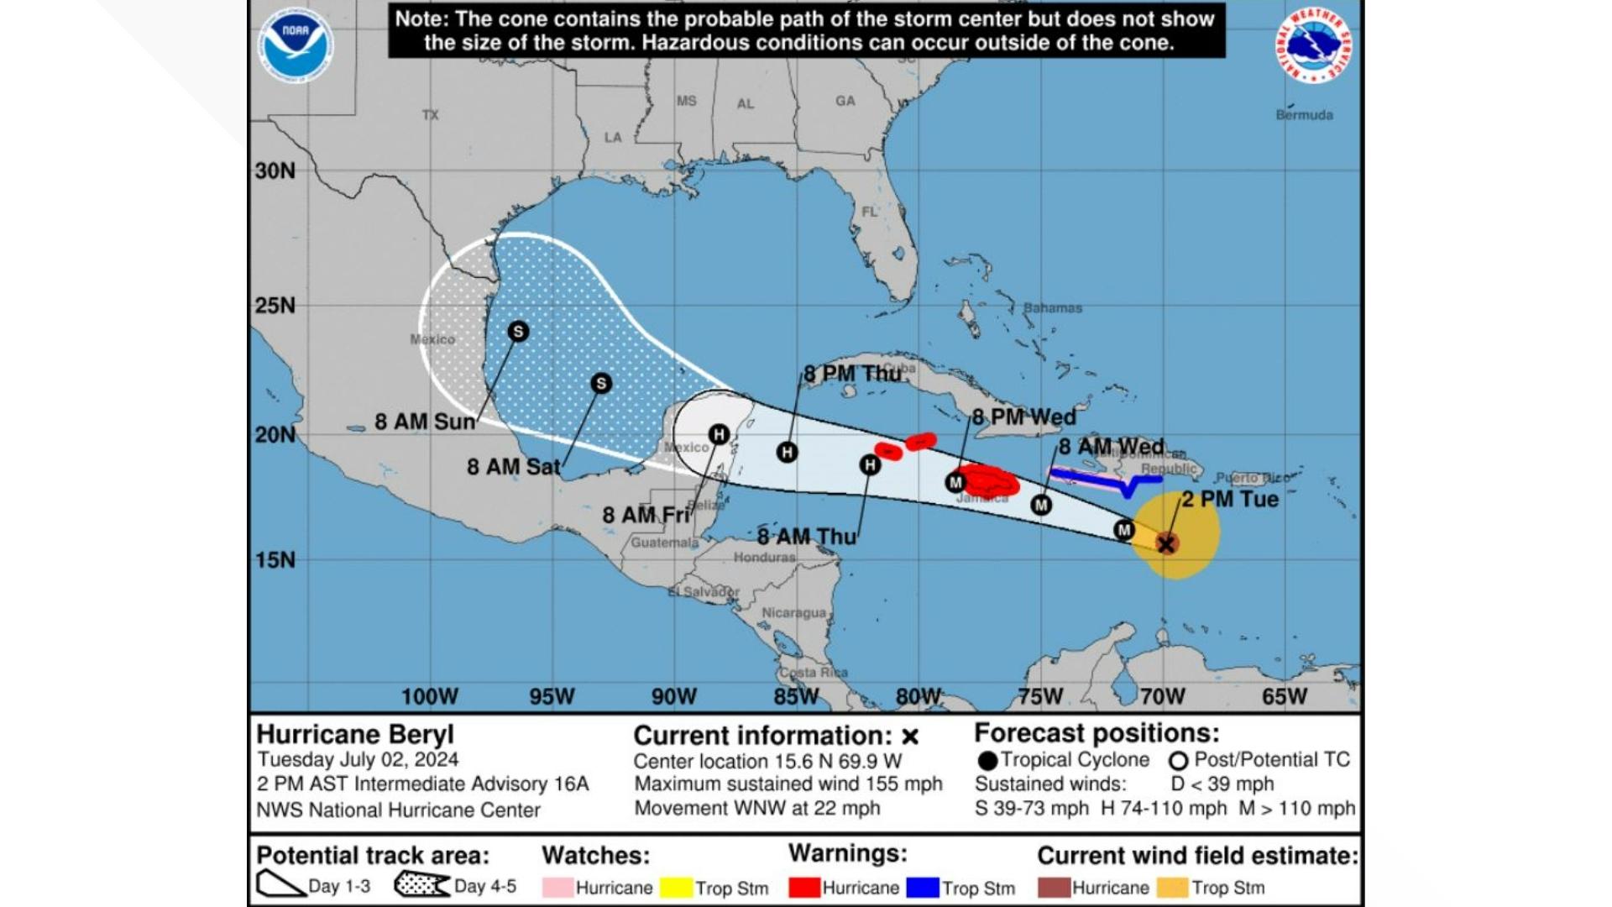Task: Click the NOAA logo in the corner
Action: click(296, 47)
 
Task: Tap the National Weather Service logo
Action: click(1314, 45)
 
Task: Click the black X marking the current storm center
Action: click(1166, 544)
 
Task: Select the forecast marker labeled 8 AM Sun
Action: click(518, 332)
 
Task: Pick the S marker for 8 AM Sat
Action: click(600, 384)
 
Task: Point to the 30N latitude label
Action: click(275, 171)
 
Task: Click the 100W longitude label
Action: click(430, 696)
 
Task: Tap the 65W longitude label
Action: click(1285, 696)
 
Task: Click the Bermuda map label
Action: click(1304, 115)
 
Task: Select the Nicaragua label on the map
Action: click(793, 613)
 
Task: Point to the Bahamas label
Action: click(1053, 308)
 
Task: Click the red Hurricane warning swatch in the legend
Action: click(804, 888)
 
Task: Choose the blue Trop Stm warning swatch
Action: click(923, 888)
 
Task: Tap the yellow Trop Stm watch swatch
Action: click(676, 888)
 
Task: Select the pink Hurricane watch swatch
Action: click(557, 888)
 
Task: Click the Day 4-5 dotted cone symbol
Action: click(421, 885)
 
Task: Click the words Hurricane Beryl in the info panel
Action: click(355, 734)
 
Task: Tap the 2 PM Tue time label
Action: click(1230, 499)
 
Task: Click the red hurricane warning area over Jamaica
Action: click(991, 482)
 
